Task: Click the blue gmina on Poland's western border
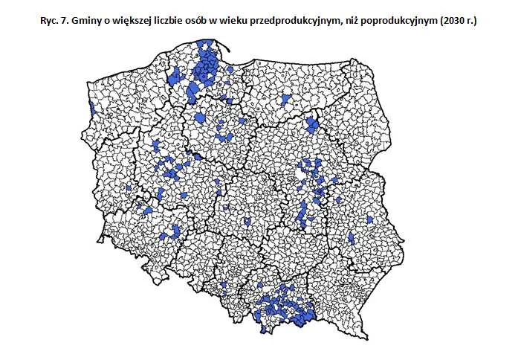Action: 91,109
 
